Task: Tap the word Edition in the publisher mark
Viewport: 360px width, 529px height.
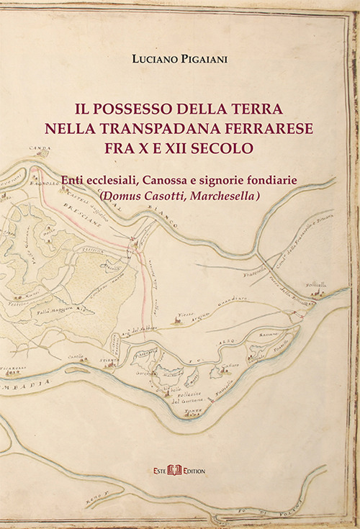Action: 194,470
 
